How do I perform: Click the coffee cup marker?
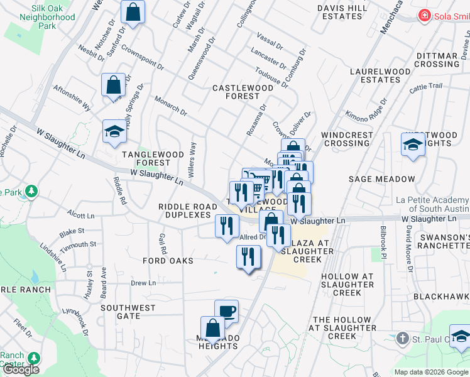pyautogui.click(x=226, y=310)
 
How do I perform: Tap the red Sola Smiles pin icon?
pyautogui.click(x=425, y=15)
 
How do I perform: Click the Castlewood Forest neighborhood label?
pyautogui.click(x=243, y=92)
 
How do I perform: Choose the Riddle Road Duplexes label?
pyautogui.click(x=184, y=210)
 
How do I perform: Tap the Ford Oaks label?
pyautogui.click(x=167, y=260)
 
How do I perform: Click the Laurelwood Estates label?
pyautogui.click(x=375, y=76)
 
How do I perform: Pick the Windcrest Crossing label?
pyautogui.click(x=345, y=139)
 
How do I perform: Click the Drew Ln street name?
pyautogui.click(x=143, y=283)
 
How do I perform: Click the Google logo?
pyautogui.click(x=21, y=369)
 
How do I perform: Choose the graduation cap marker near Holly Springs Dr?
pyautogui.click(x=115, y=132)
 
